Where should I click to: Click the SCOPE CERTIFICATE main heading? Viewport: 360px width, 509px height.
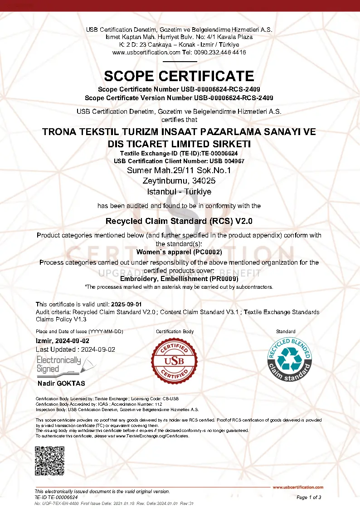tap(179, 75)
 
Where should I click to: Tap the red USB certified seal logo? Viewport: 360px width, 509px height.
tap(175, 361)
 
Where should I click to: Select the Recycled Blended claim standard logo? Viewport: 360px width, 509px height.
tap(290, 361)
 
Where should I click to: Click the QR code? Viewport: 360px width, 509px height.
tap(50, 461)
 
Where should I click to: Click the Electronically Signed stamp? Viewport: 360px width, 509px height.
tap(59, 364)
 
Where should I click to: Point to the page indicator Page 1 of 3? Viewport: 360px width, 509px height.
tap(309, 497)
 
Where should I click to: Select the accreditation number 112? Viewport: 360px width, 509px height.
tap(159, 403)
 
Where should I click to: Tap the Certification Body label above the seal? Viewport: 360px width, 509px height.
tap(175, 331)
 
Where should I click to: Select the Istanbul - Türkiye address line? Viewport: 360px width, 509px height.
tap(179, 192)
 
